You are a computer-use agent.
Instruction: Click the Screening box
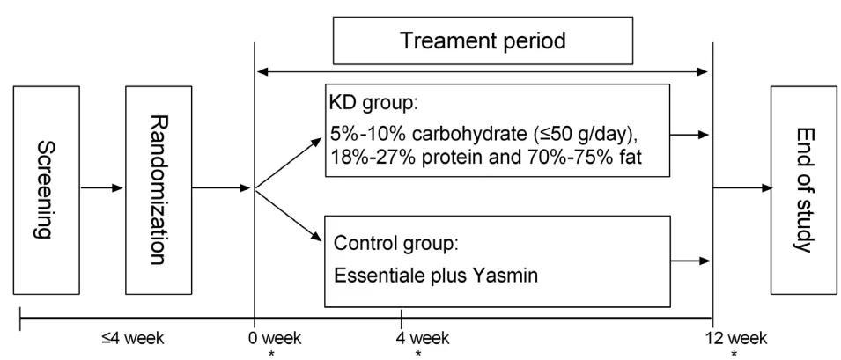tap(46, 190)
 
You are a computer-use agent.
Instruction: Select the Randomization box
tap(159, 190)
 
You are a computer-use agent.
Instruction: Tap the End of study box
tap(803, 190)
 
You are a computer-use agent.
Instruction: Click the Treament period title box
tap(483, 40)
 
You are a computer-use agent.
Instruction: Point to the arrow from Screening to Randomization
tap(102, 188)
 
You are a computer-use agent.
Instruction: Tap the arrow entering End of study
tap(742, 188)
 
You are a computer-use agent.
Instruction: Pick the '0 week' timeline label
tap(275, 339)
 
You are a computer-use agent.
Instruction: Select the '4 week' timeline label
tap(423, 339)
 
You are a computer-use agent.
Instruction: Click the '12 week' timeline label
tap(736, 339)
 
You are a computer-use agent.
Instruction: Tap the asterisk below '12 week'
tap(734, 354)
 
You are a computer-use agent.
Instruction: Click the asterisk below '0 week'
tap(272, 354)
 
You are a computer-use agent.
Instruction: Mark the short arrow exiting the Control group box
tap(690, 261)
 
